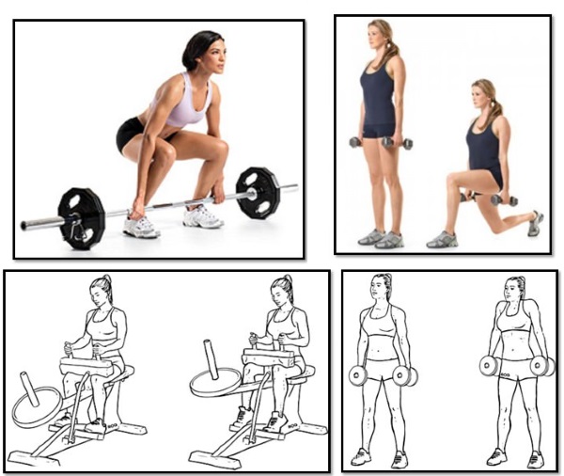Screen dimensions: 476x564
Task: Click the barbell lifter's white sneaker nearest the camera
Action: pos(141,227)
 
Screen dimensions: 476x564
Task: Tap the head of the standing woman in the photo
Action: pos(380,38)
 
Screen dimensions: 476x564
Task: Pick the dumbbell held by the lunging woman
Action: pos(504,199)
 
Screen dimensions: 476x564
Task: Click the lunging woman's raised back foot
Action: pos(535,223)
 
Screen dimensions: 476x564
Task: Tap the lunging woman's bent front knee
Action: pos(452,179)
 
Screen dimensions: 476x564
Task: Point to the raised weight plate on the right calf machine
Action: pos(215,382)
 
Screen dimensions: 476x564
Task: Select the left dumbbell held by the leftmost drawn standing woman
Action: pos(357,375)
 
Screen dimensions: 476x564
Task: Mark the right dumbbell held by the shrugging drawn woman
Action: pos(541,365)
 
